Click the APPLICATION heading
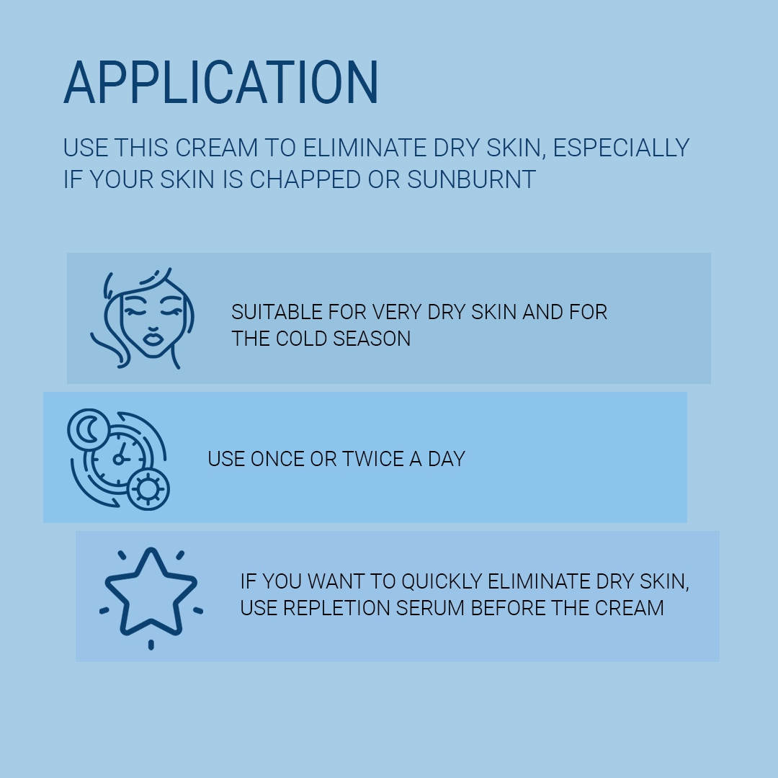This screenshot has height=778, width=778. (x=221, y=82)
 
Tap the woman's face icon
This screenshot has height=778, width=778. (x=143, y=318)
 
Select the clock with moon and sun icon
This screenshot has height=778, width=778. (x=118, y=459)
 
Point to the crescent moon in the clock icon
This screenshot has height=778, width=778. (x=89, y=429)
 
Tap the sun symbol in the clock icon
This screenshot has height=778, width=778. (x=148, y=489)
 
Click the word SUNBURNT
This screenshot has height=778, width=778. (x=471, y=179)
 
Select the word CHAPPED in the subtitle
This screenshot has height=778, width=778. (x=305, y=179)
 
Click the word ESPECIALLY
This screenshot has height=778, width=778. (x=621, y=148)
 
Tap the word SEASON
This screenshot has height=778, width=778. (x=372, y=339)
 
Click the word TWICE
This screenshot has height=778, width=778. (x=372, y=459)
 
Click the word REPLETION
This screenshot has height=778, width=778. (x=336, y=608)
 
